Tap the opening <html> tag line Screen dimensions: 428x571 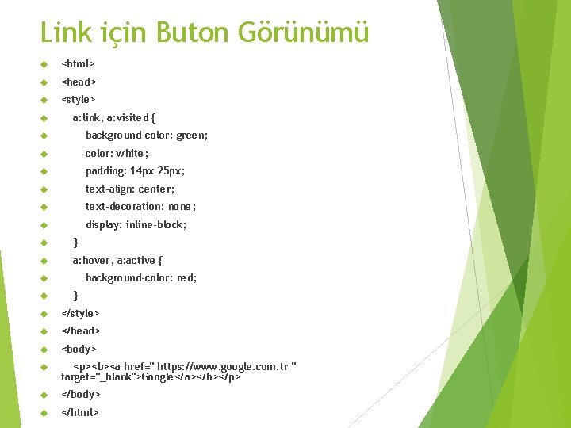pyautogui.click(x=79, y=63)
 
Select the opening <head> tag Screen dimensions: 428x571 pyautogui.click(x=79, y=82)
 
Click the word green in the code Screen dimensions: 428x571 pyautogui.click(x=192, y=136)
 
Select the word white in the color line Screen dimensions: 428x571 pyautogui.click(x=131, y=153)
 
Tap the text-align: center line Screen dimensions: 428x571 pyautogui.click(x=130, y=189)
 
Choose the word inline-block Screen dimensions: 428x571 pyautogui.click(x=156, y=224)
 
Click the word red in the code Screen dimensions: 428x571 pyautogui.click(x=187, y=278)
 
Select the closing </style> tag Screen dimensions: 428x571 pyautogui.click(x=81, y=314)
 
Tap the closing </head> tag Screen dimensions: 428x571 pyautogui.click(x=81, y=331)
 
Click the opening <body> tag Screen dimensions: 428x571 pyautogui.click(x=79, y=350)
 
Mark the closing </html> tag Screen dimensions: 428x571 pyautogui.click(x=81, y=412)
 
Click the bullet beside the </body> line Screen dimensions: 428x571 pyautogui.click(x=44, y=395)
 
